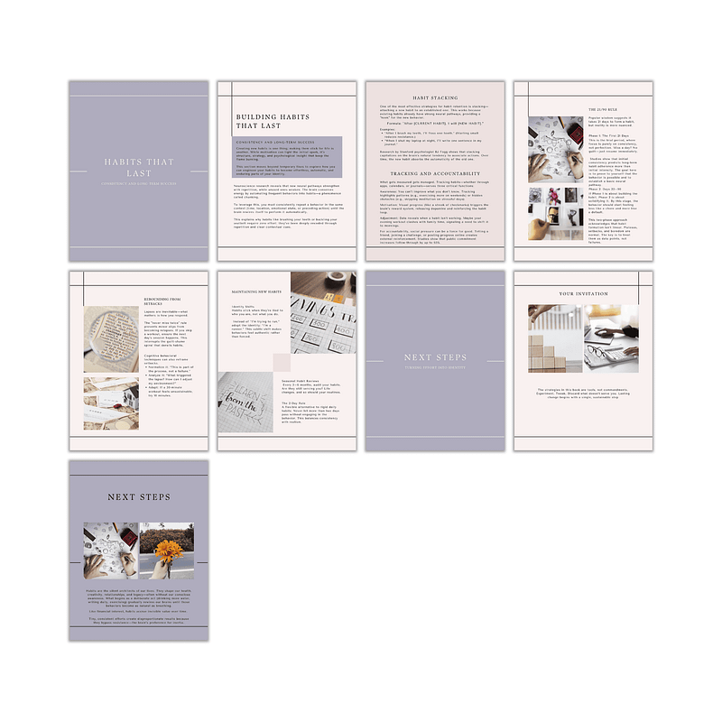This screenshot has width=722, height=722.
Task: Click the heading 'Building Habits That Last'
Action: [268, 122]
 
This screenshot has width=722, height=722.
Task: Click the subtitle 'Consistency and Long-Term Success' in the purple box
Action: [281, 143]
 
